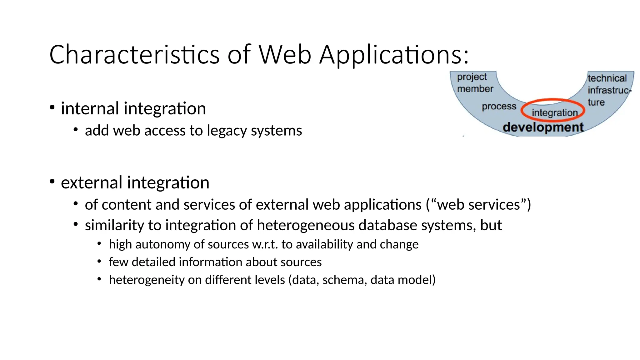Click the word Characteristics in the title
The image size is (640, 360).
pyautogui.click(x=134, y=55)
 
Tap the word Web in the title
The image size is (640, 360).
pyautogui.click(x=285, y=55)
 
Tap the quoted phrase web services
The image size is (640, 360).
pyautogui.click(x=478, y=205)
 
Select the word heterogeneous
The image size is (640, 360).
pyautogui.click(x=305, y=225)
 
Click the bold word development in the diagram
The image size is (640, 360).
pyautogui.click(x=543, y=127)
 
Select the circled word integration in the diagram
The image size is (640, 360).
pyautogui.click(x=554, y=112)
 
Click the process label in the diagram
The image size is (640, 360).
pyautogui.click(x=499, y=107)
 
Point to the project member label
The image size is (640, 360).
pyautogui.click(x=474, y=83)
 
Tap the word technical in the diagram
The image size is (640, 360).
pyautogui.click(x=607, y=78)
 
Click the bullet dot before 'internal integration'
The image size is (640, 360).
pyautogui.click(x=52, y=107)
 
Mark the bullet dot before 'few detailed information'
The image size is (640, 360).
pyautogui.click(x=99, y=261)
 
